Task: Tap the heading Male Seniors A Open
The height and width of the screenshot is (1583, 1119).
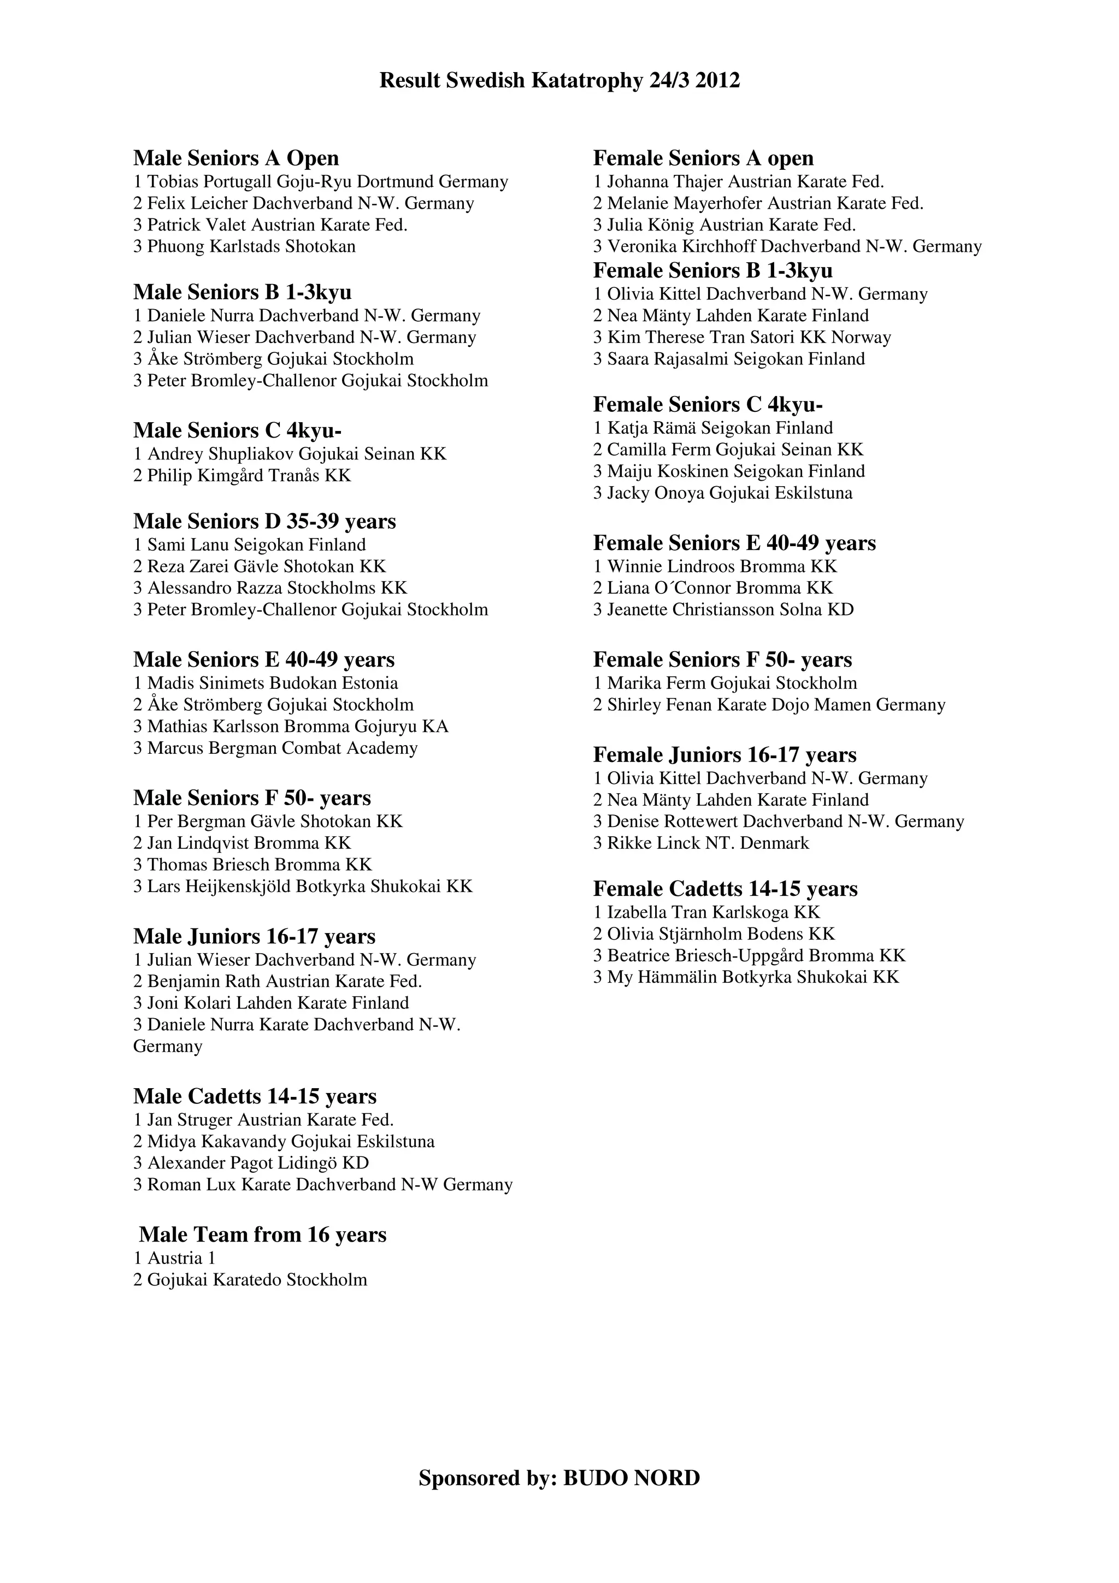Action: (x=236, y=158)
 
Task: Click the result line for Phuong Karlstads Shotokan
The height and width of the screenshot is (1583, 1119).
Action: (x=245, y=247)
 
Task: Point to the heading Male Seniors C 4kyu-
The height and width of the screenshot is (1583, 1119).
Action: (x=237, y=431)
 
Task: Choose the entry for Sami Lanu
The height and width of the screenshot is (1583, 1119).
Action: (x=250, y=545)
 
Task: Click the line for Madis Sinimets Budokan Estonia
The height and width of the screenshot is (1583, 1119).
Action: (x=266, y=683)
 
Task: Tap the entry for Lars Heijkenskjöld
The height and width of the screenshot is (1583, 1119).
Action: (x=303, y=887)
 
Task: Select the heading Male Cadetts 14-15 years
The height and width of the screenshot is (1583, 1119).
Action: (x=255, y=1096)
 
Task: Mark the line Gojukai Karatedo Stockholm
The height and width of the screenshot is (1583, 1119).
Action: (x=250, y=1280)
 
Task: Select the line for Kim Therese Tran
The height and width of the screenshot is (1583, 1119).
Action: (x=742, y=338)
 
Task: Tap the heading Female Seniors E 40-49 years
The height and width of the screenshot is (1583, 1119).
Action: (x=734, y=544)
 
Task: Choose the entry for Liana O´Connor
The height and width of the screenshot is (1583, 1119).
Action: (x=713, y=588)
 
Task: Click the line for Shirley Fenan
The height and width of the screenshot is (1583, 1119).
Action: (x=769, y=705)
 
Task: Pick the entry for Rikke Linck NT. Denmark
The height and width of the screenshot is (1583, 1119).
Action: (x=701, y=843)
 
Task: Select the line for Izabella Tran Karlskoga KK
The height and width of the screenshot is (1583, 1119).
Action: (x=706, y=913)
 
